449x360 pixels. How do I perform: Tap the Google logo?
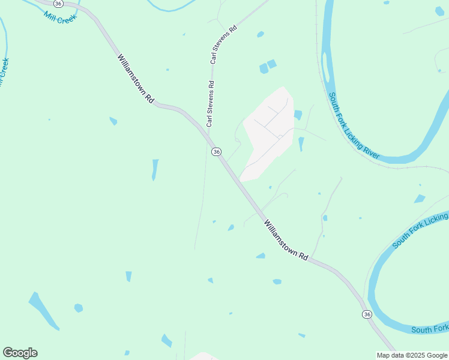[x=20, y=353]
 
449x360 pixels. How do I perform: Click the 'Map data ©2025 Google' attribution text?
[x=412, y=355]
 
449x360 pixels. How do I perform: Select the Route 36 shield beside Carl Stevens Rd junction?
[x=217, y=152]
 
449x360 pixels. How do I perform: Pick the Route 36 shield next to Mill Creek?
[x=58, y=3]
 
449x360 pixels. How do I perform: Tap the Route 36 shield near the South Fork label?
[x=367, y=314]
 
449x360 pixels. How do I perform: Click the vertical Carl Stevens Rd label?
[x=210, y=104]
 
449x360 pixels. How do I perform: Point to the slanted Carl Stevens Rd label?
[x=224, y=44]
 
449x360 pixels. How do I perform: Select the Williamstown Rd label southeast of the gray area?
[x=286, y=239]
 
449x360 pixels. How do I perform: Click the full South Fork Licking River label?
[x=354, y=125]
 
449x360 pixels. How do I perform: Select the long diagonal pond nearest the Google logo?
[x=43, y=310]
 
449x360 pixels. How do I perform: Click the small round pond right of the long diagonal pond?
[x=78, y=308]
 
